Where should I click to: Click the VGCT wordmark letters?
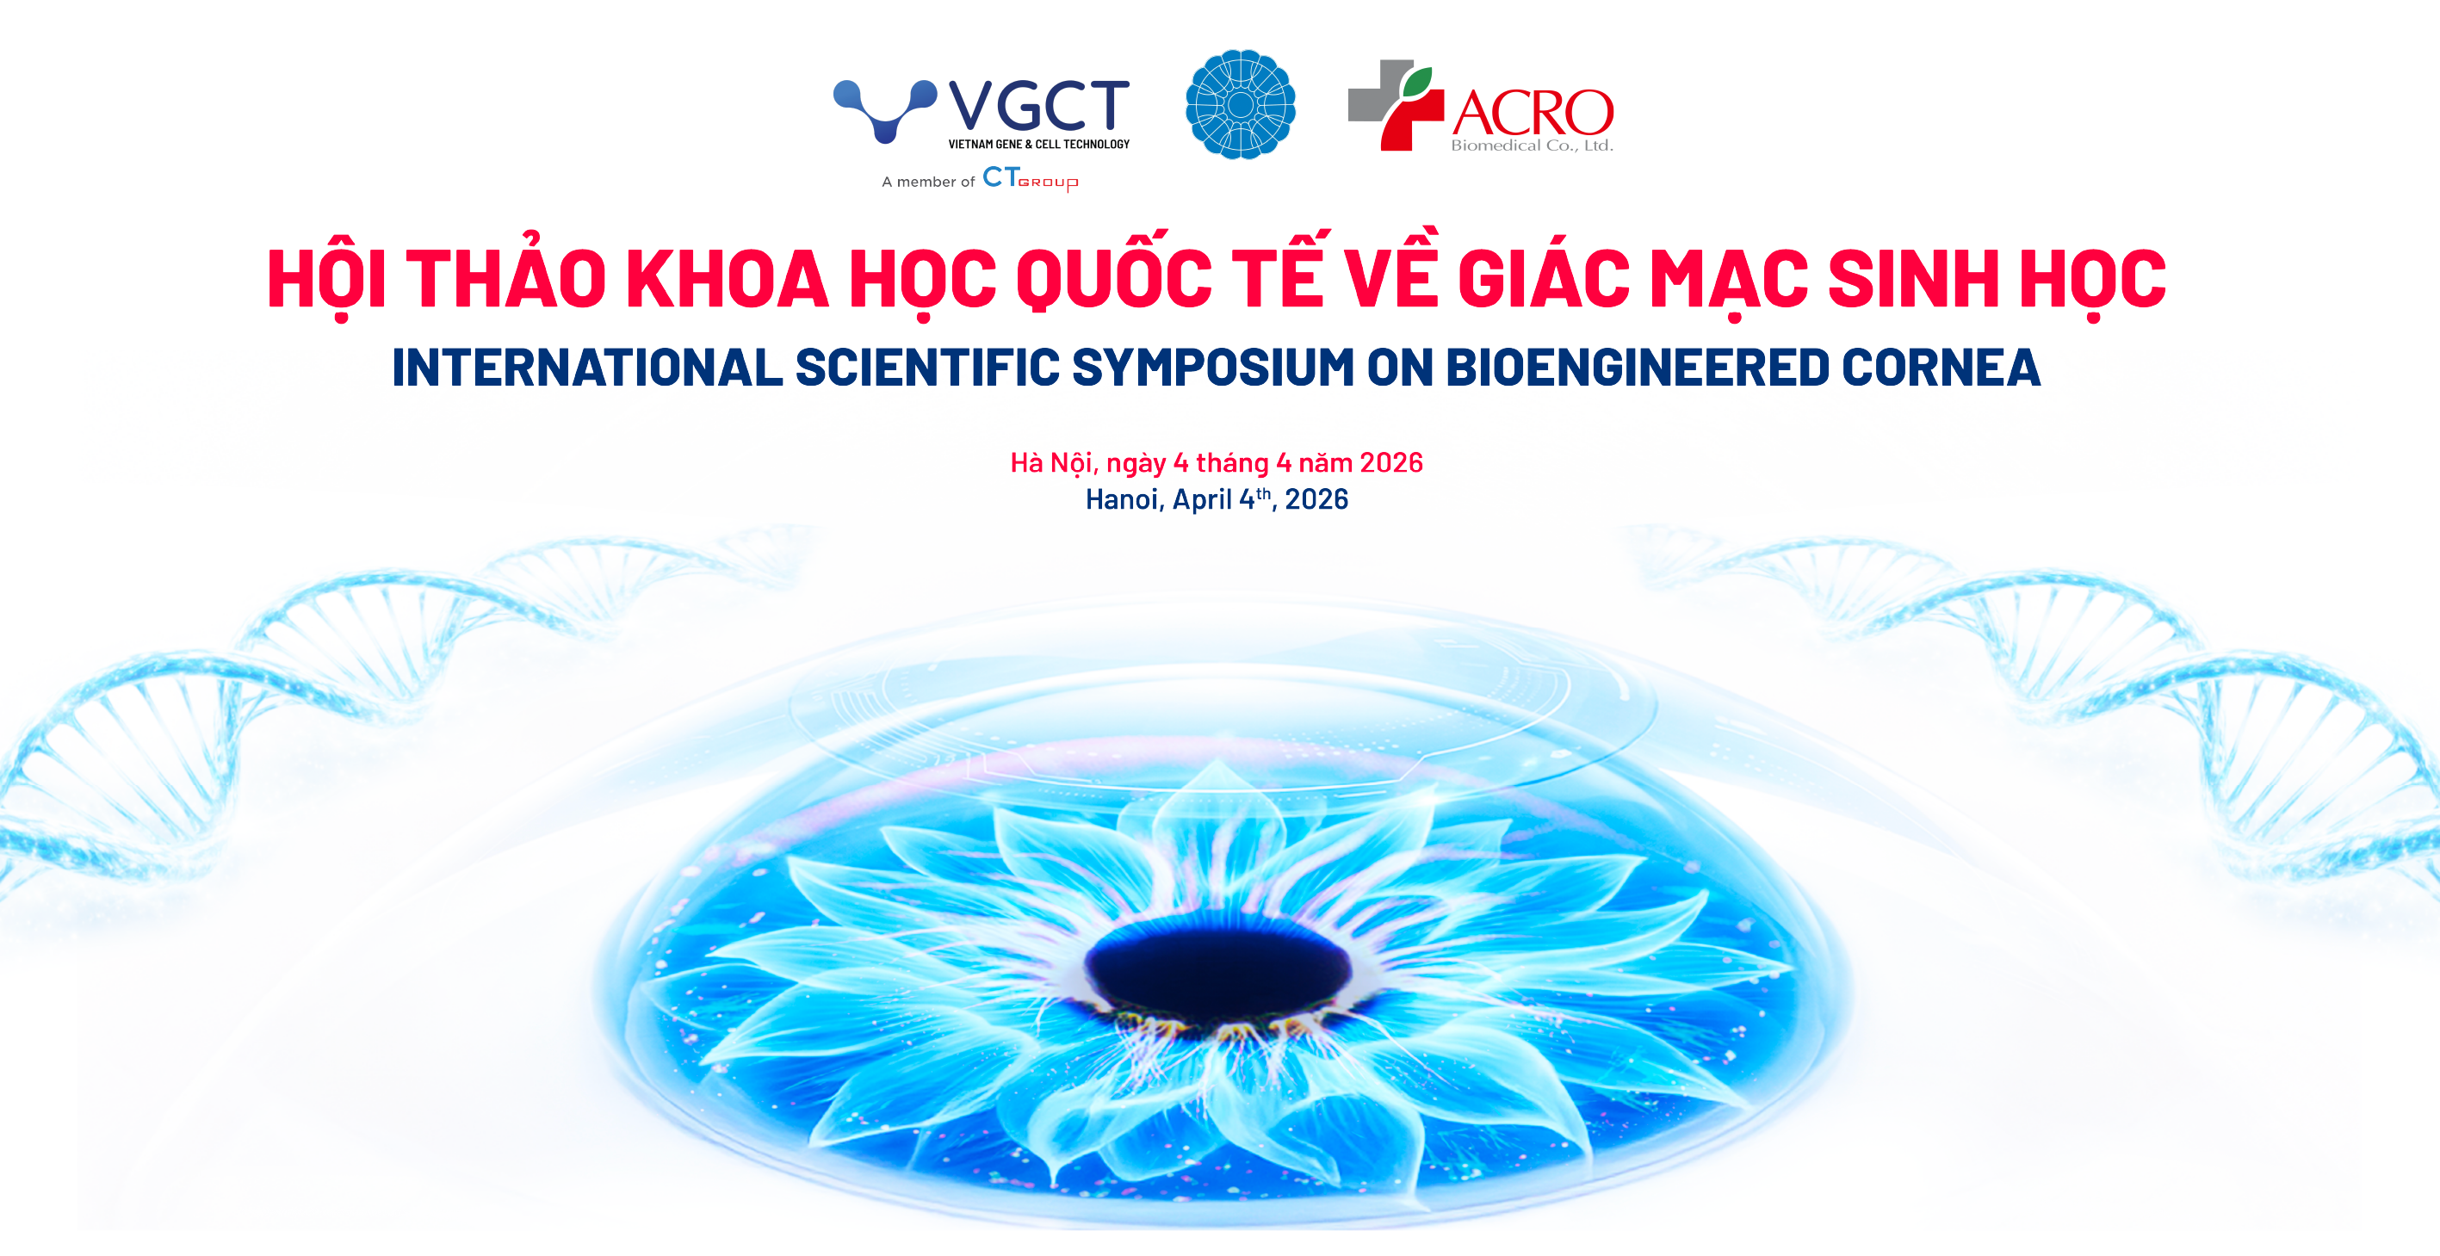coord(1039,105)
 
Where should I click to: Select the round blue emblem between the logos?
coord(1240,104)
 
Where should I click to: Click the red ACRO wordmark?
coord(1533,113)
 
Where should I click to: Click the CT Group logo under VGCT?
coord(1031,179)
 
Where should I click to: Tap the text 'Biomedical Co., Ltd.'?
coord(1532,145)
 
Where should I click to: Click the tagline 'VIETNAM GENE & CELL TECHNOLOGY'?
coord(1039,144)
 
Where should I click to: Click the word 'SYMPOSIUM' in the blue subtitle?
coord(1212,368)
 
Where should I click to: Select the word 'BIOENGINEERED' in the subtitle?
coord(1637,368)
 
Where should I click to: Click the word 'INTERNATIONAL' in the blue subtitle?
coord(587,368)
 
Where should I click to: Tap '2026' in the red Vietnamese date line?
coord(1391,462)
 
